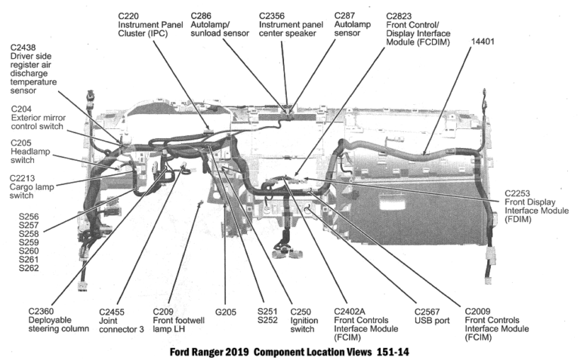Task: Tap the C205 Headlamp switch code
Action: coord(23,142)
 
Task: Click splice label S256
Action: coord(29,217)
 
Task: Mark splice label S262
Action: coord(29,268)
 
